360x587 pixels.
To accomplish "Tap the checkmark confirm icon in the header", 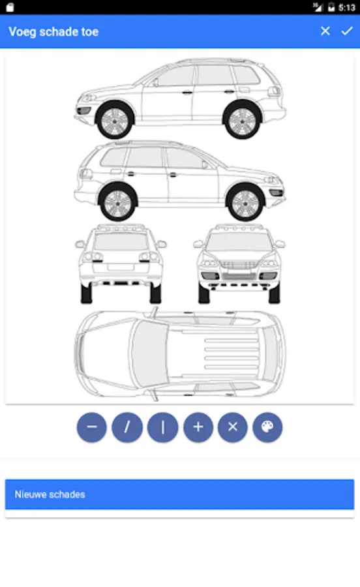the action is coord(347,31).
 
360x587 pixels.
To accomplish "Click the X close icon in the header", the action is coord(325,31).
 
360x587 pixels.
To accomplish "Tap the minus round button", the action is coord(92,427).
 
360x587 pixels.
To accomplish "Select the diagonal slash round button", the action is coord(127,427).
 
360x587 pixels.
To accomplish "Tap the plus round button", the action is coord(198,427).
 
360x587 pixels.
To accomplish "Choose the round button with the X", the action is coord(233,427).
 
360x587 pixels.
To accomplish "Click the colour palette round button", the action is coord(267,427).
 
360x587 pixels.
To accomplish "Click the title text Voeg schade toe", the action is coord(53,32).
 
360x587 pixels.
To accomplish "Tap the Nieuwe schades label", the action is coord(50,494).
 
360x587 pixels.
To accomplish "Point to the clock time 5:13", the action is coord(346,7).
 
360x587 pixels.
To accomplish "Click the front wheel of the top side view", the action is coord(115,121).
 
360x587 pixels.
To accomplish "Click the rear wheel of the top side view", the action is coord(242,121).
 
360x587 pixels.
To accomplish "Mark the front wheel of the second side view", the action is coord(245,203).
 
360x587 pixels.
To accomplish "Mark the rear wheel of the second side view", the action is coord(117,203).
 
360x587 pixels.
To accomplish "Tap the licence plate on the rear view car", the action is coord(120,267).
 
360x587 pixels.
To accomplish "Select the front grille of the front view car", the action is coord(239,265).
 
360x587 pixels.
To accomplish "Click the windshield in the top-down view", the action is coord(151,354).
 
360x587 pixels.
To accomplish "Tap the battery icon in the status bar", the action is coord(331,7).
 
